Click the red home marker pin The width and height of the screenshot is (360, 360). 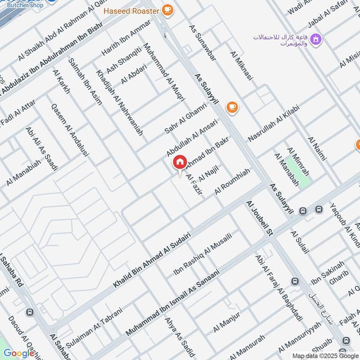180,162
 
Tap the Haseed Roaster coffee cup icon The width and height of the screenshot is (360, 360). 167,9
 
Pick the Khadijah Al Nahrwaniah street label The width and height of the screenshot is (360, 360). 119,103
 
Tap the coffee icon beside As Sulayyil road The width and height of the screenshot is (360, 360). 232,107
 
